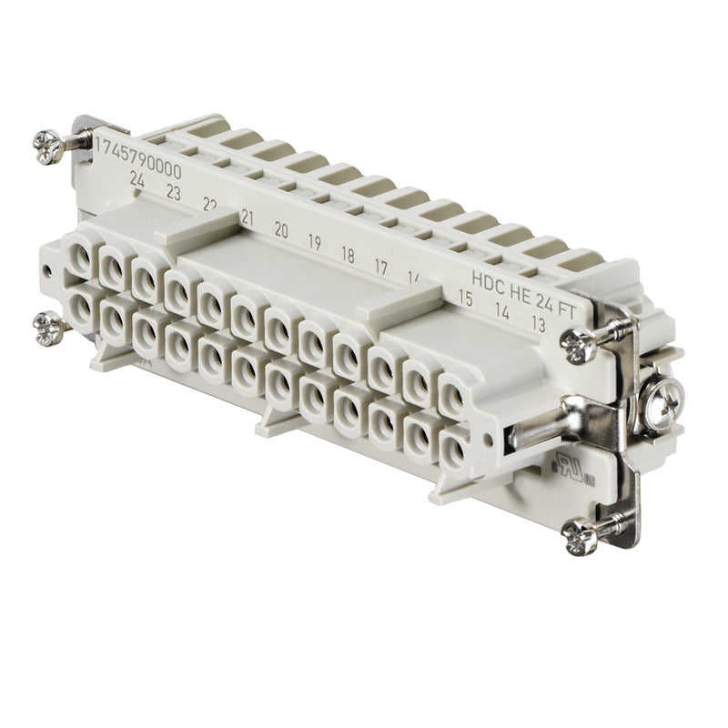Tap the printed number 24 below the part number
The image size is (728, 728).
tap(137, 180)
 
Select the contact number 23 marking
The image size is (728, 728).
tap(172, 192)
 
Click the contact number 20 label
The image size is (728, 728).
tap(281, 230)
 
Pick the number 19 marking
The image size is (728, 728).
tap(314, 242)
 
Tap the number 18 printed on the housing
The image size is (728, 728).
tap(347, 255)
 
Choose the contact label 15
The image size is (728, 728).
tap(464, 297)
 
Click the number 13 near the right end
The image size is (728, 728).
tap(538, 323)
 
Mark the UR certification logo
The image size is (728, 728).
tap(565, 465)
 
